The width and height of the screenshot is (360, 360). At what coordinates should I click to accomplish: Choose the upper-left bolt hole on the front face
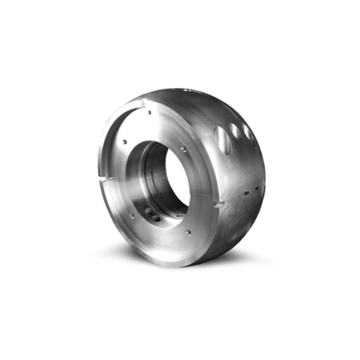(x=124, y=142)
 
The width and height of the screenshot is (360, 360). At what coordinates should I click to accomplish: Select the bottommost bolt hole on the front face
(x=189, y=233)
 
